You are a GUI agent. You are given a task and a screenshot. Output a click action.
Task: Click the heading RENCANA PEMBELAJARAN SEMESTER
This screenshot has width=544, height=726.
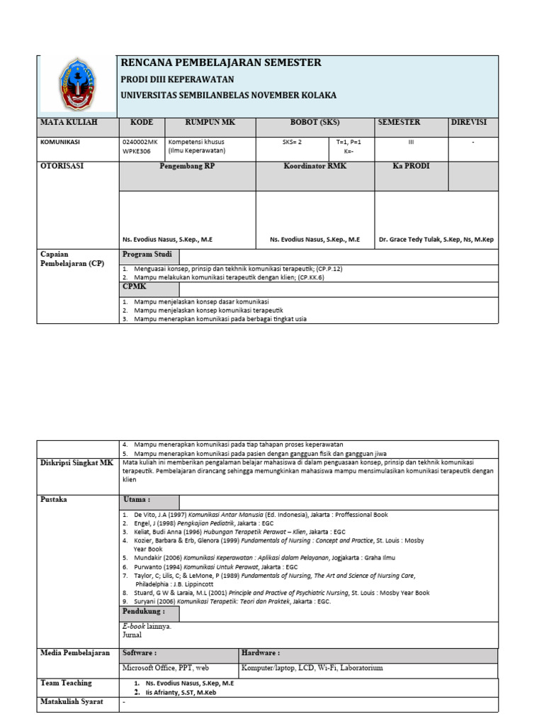[221, 63]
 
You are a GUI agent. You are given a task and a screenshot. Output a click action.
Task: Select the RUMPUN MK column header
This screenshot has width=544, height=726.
[210, 123]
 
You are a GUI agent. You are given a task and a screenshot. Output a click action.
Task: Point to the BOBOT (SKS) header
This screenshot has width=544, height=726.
[314, 123]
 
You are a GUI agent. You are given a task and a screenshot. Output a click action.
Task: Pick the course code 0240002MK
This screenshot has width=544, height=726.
[140, 142]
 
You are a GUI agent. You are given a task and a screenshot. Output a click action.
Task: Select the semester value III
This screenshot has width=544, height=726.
[411, 142]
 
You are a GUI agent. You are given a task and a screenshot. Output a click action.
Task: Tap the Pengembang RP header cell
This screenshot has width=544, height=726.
[187, 167]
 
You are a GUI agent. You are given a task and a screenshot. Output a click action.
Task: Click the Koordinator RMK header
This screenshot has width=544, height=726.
[315, 167]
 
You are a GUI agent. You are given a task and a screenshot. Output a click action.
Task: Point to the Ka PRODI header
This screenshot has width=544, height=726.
[411, 167]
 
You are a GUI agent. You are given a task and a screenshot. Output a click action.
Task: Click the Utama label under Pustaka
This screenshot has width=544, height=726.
[136, 500]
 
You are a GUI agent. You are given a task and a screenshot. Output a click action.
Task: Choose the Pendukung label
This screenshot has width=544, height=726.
[143, 610]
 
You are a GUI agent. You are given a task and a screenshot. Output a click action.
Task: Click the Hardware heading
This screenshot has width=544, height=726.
[261, 652]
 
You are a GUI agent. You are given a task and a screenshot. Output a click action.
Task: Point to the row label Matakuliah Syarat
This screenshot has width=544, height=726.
[72, 702]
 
